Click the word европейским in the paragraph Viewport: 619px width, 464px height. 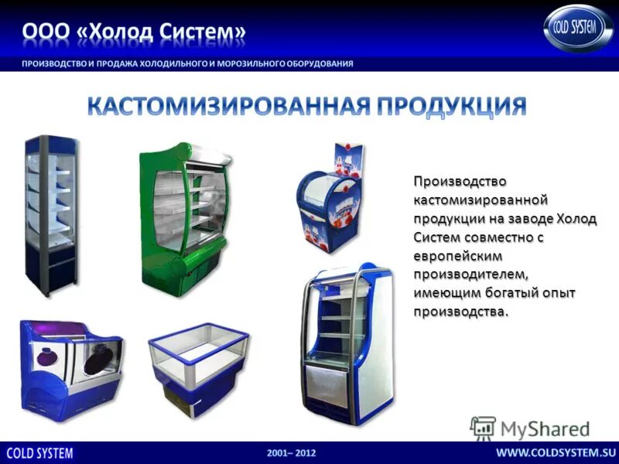tap(457, 255)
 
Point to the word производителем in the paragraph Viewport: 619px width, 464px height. tap(470, 274)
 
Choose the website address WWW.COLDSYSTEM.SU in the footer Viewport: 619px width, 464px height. tap(555, 452)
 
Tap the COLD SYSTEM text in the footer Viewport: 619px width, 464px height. tap(40, 452)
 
